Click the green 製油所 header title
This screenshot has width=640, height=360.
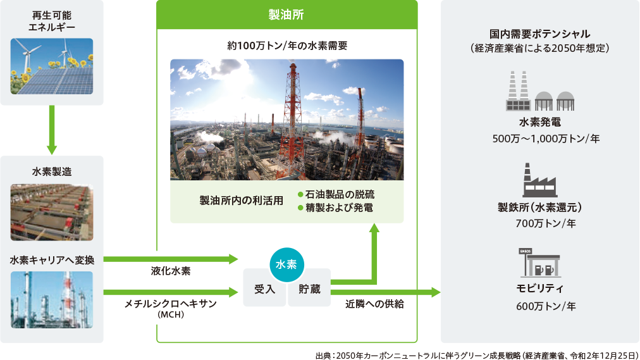tap(286, 15)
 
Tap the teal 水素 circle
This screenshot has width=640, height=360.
tap(286, 264)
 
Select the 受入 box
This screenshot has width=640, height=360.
tap(264, 288)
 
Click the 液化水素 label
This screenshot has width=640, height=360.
tap(171, 271)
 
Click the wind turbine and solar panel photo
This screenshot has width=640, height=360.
tap(52, 66)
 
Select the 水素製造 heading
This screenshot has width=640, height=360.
tap(52, 172)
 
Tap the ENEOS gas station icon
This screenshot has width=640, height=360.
tap(539, 263)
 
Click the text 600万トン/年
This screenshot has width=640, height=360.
tap(546, 306)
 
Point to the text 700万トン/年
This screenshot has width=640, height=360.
tap(546, 223)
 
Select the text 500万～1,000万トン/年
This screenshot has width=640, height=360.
tap(546, 139)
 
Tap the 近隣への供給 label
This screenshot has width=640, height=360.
tap(374, 304)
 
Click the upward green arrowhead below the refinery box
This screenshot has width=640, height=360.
tap(374, 228)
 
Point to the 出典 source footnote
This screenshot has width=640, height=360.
tap(477, 355)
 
